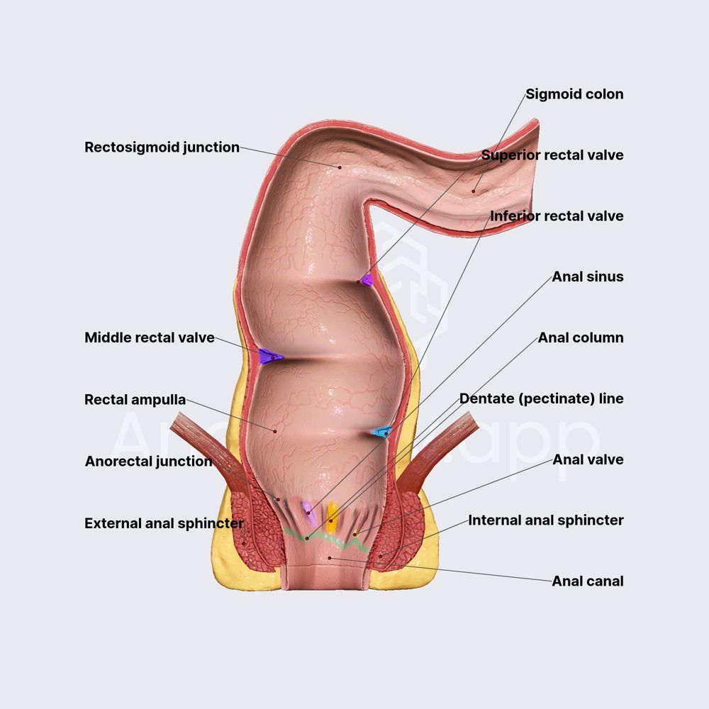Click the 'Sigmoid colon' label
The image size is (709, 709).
point(574,94)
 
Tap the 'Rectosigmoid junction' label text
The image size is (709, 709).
point(162,147)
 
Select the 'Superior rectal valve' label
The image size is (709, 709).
point(552,155)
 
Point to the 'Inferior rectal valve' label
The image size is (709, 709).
point(557,216)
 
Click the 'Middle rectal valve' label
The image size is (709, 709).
point(149,338)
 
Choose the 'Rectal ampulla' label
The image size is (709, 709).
point(135,400)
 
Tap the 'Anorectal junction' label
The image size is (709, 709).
point(148,462)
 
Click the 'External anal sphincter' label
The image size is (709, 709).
point(164,524)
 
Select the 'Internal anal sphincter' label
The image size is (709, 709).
point(545,520)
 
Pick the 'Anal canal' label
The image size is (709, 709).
point(588,581)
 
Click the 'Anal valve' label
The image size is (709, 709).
point(588,459)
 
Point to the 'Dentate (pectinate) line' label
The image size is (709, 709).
point(541,398)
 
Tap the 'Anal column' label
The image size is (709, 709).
point(581,337)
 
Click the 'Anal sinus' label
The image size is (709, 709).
point(588,277)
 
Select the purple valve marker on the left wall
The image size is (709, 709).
point(269,357)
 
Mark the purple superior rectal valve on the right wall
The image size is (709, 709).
point(366,279)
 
